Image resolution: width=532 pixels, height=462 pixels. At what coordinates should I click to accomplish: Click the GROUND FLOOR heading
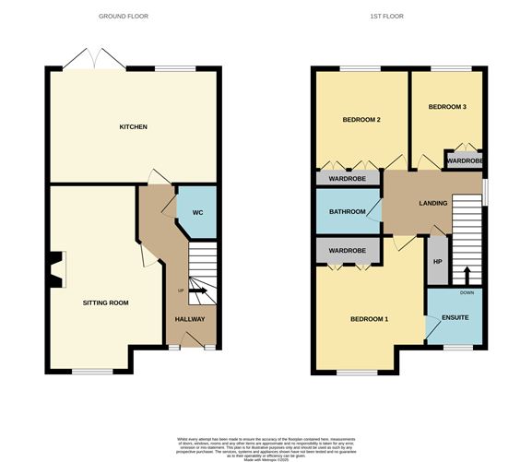click(124, 17)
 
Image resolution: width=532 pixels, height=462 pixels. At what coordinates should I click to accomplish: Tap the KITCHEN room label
click(133, 126)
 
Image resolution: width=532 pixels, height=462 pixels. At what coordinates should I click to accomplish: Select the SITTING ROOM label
click(105, 302)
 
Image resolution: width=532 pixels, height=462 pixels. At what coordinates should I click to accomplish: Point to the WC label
click(196, 213)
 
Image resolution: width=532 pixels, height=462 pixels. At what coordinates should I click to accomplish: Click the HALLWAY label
click(189, 319)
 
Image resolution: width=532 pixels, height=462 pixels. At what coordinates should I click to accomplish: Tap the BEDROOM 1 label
click(369, 319)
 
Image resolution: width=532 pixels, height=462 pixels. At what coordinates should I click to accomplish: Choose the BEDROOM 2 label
click(361, 120)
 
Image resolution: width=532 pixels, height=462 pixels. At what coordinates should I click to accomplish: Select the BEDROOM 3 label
click(447, 107)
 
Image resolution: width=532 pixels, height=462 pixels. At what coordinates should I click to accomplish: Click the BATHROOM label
click(347, 213)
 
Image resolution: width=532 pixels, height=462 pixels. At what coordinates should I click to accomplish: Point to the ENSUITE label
click(455, 318)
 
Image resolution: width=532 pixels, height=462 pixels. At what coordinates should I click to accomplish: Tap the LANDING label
click(432, 203)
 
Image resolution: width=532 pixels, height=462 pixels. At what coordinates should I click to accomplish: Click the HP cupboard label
click(436, 262)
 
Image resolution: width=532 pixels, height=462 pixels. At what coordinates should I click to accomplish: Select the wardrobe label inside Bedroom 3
click(464, 161)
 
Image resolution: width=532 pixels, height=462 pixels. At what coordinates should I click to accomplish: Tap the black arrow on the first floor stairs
click(467, 275)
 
